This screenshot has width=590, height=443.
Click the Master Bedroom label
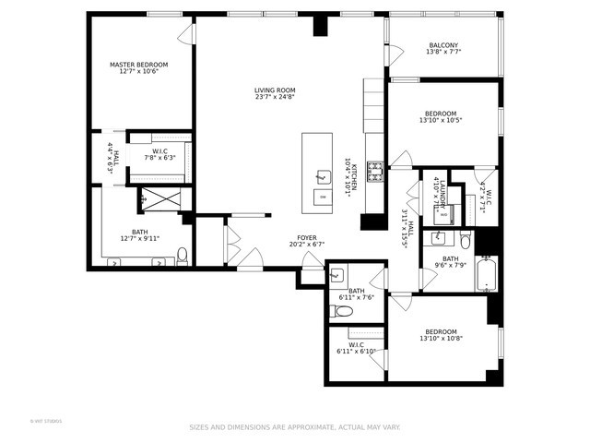coord(139,65)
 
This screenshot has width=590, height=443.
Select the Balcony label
coord(443,45)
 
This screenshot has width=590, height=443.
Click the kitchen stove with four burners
coord(375,169)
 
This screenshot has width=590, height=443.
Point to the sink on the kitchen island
coord(322,175)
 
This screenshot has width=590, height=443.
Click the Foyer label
coord(307,238)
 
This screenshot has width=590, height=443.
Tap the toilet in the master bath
coord(183,255)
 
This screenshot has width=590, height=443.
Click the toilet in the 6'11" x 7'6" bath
coord(344,312)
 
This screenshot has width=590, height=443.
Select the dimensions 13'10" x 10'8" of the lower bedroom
coord(441,339)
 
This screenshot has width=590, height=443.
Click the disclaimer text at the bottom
coord(294,427)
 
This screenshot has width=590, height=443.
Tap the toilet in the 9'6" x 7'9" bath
coord(466,242)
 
